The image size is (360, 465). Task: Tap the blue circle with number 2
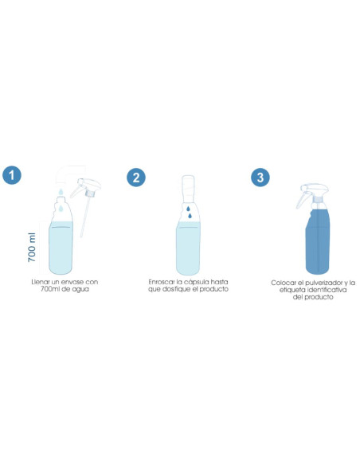coord(137,177)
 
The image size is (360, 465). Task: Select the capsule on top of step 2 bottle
coord(188,187)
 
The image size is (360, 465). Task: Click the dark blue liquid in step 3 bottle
coord(318,247)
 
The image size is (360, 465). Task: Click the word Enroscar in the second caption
coord(162,282)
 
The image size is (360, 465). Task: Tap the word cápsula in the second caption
coord(196,282)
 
